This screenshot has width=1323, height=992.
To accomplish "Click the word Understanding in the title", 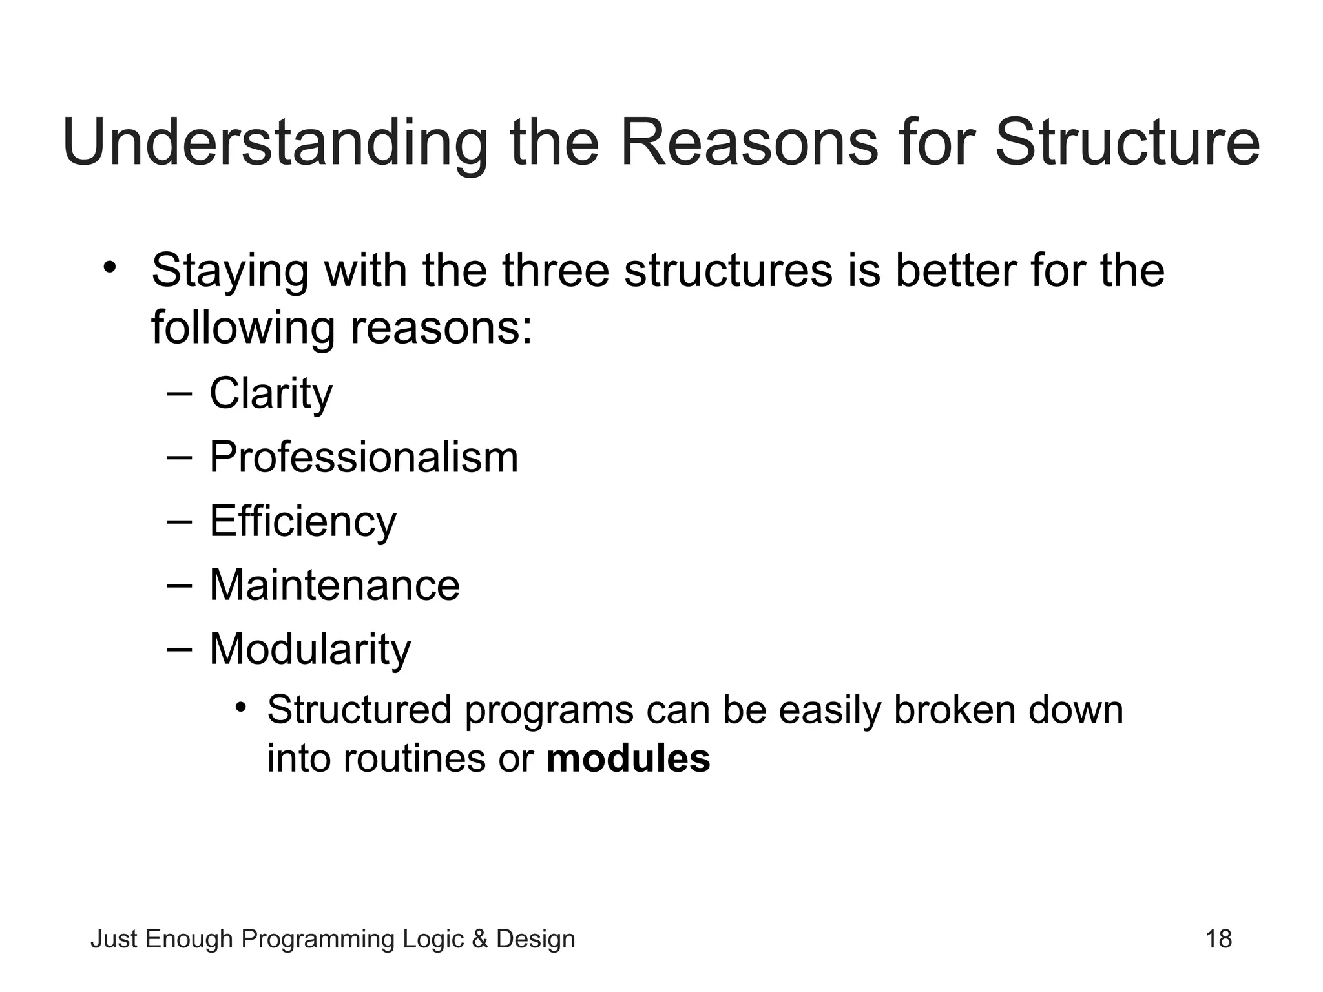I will tap(275, 143).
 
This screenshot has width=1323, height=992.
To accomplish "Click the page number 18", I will tap(1218, 938).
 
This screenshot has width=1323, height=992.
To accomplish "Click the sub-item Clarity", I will tap(271, 393).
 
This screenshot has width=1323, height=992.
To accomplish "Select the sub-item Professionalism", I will tap(364, 457).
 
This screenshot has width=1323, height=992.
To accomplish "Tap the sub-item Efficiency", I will tap(302, 521).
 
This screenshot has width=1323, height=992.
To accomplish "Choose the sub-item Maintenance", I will tap(334, 585).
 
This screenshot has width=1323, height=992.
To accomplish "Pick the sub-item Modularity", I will tap(310, 648).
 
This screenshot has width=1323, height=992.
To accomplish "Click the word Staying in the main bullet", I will tap(230, 271).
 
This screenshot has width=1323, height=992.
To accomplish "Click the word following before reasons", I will tap(243, 328).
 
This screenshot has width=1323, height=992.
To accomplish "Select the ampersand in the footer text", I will tap(480, 938).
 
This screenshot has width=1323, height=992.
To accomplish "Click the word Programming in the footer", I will tap(317, 939).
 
